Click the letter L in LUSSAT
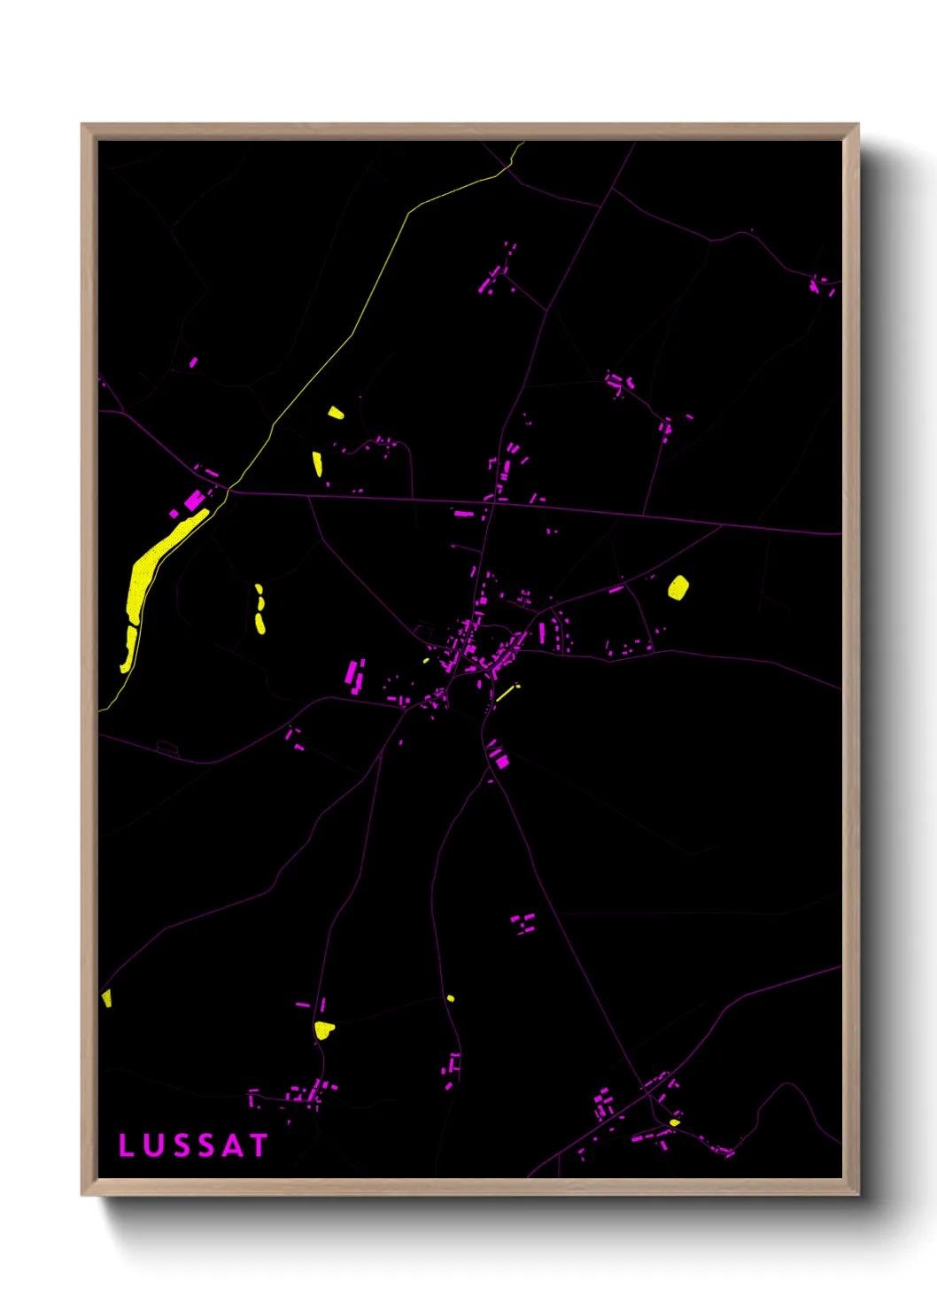pos(127,1145)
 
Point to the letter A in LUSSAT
pos(231,1145)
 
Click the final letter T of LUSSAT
pos(258,1145)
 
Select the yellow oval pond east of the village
pos(678,587)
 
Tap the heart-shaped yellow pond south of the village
pos(324,1029)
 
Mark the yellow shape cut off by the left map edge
pos(106,998)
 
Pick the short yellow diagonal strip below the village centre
pos(507,692)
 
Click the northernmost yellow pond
pos(336,412)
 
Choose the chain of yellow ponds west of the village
pos(259,609)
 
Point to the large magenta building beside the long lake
pos(194,500)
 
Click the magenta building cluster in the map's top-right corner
pos(821,285)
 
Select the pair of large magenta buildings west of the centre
pos(355,674)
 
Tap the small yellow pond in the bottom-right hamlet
pos(675,1122)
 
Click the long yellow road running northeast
pos(354,332)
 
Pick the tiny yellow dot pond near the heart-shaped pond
pos(450,998)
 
